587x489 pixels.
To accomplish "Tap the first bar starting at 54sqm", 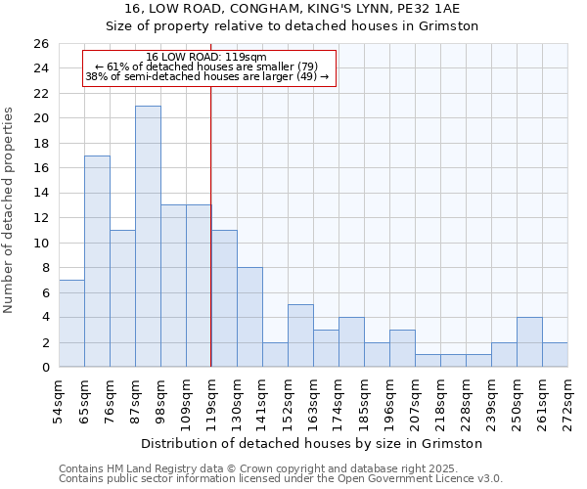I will (71, 323).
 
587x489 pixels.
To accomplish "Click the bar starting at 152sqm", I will (300, 335).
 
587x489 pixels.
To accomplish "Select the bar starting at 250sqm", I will (529, 342).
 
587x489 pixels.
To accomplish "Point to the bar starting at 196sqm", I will (402, 348).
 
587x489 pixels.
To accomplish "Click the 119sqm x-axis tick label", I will (211, 401).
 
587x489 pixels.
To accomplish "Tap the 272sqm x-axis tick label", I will (567, 401).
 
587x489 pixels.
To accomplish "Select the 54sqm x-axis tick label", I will (59, 401).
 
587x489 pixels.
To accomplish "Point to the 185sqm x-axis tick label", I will (364, 401).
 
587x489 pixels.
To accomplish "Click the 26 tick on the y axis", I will (40, 44).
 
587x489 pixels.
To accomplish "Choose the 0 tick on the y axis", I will (44, 368).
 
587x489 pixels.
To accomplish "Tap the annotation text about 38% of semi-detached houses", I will (206, 76).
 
